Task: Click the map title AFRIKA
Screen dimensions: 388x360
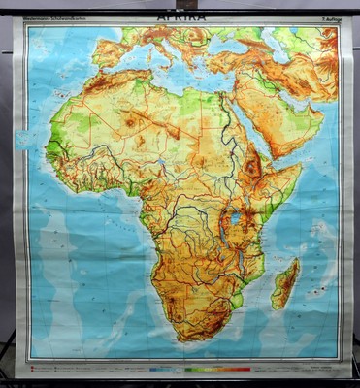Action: click(x=180, y=17)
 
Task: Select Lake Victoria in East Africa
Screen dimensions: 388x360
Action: click(x=235, y=219)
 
